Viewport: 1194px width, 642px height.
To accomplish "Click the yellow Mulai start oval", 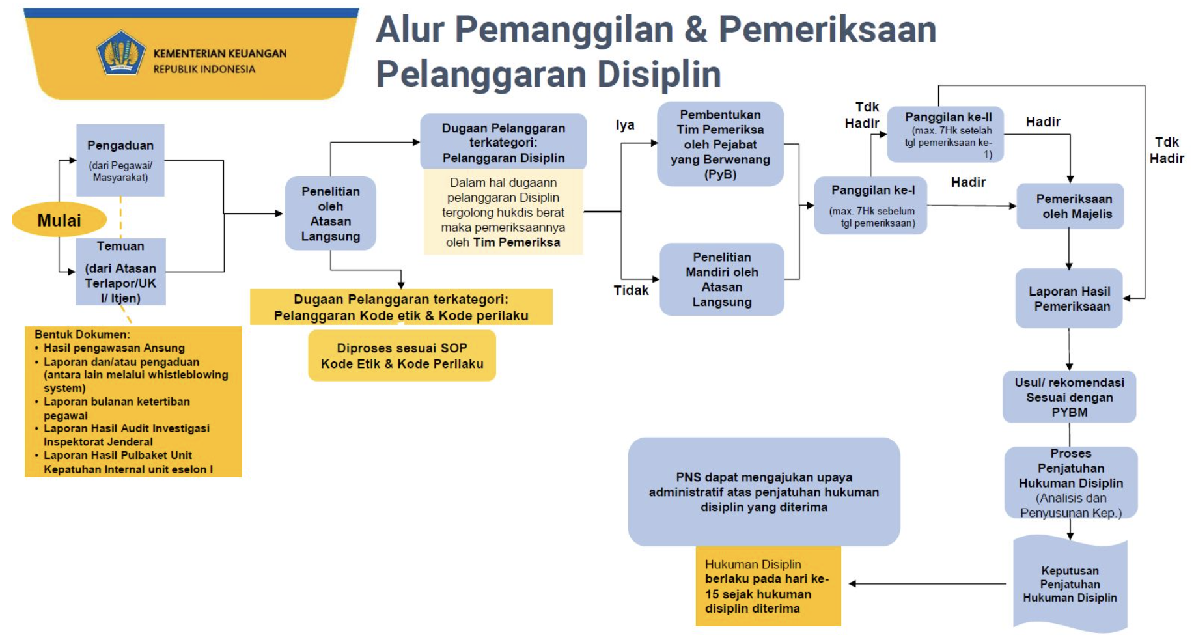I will (x=59, y=219).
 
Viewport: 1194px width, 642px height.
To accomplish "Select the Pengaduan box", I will (x=120, y=160).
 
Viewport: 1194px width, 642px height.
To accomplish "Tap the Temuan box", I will (x=120, y=272).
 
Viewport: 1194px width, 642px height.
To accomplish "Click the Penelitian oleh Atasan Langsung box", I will (x=330, y=214).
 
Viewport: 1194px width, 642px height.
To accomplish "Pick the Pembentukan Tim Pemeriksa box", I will (x=720, y=144).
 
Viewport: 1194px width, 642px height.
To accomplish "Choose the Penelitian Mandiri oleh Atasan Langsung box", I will (x=721, y=279).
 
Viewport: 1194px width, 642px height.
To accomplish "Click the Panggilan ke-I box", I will (x=872, y=205).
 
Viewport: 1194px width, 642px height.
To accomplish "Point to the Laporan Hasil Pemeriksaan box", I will (x=1069, y=298).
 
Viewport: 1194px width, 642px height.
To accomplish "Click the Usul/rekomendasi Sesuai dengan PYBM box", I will (x=1069, y=397).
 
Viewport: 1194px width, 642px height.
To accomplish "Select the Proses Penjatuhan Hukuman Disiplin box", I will (x=1070, y=482).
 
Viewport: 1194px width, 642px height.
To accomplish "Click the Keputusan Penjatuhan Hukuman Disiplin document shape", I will (x=1070, y=584).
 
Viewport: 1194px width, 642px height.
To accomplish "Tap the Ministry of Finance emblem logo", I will (x=120, y=52).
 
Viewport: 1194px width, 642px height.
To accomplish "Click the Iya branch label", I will (x=625, y=125).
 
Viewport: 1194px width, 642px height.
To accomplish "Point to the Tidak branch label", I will (x=631, y=290).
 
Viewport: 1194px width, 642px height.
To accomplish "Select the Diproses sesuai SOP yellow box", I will (x=402, y=356).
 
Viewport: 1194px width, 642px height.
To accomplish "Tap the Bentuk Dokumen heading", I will (x=82, y=334).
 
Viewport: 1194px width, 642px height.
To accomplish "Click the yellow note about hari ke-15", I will (x=768, y=586).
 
